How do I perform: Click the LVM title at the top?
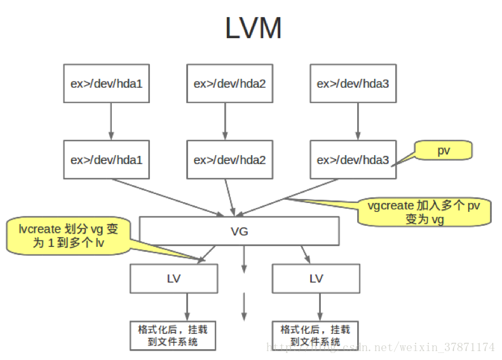coord(253,29)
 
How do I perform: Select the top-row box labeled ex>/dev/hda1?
coord(106,83)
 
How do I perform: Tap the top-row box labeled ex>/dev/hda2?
coord(229,83)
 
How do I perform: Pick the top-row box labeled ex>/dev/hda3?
coord(353,83)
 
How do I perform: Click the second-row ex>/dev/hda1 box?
coord(106,160)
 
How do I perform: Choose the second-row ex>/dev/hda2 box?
coord(229,160)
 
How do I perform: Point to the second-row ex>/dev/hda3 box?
coord(353,160)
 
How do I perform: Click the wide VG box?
coord(239,232)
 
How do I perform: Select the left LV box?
coord(173,279)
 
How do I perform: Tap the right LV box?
coord(316,279)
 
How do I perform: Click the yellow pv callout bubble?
coord(443,151)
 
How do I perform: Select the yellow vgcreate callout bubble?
coord(424,212)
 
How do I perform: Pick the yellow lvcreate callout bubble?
coord(69,235)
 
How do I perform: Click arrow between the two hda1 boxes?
coord(111,121)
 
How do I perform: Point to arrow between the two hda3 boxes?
coord(358,121)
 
